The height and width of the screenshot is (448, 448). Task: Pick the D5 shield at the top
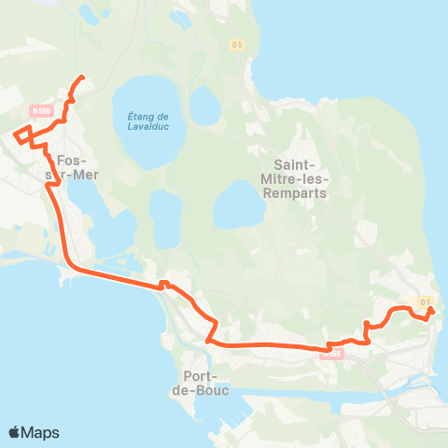pyautogui.click(x=236, y=44)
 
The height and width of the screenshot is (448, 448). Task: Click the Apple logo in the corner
pyautogui.click(x=15, y=432)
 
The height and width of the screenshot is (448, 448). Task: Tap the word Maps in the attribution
pyautogui.click(x=41, y=432)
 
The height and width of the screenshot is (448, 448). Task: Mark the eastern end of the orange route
pyautogui.click(x=431, y=310)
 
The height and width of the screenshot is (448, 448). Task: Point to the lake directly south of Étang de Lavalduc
pyautogui.click(x=166, y=218)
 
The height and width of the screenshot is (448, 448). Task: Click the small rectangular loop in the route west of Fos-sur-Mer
pyautogui.click(x=22, y=133)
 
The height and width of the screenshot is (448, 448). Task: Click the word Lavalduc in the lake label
pyautogui.click(x=146, y=127)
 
